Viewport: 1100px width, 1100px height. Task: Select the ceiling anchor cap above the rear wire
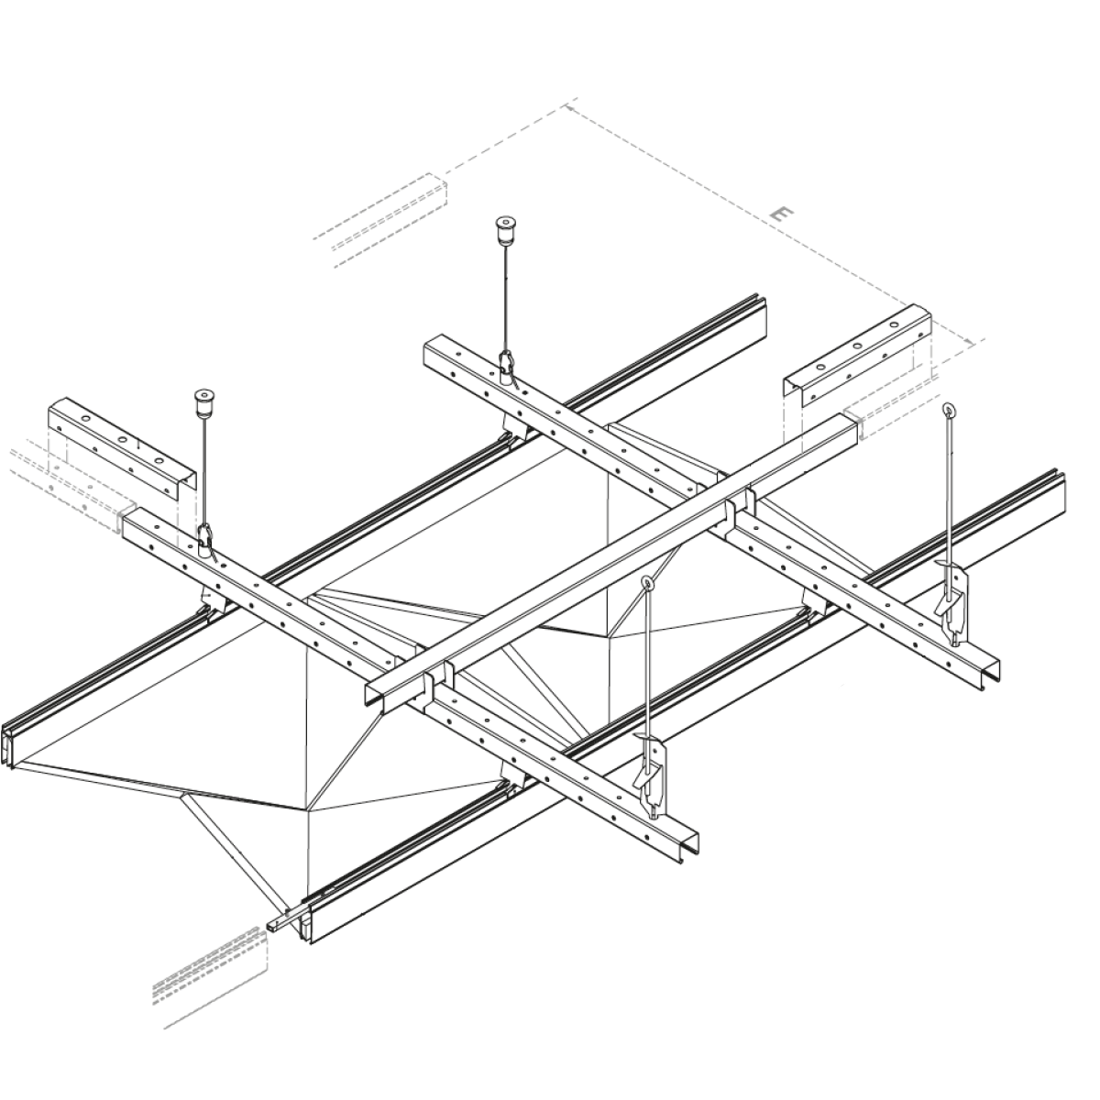(504, 227)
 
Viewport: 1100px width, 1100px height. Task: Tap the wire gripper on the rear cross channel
(506, 366)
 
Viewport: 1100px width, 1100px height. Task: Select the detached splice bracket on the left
(122, 448)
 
